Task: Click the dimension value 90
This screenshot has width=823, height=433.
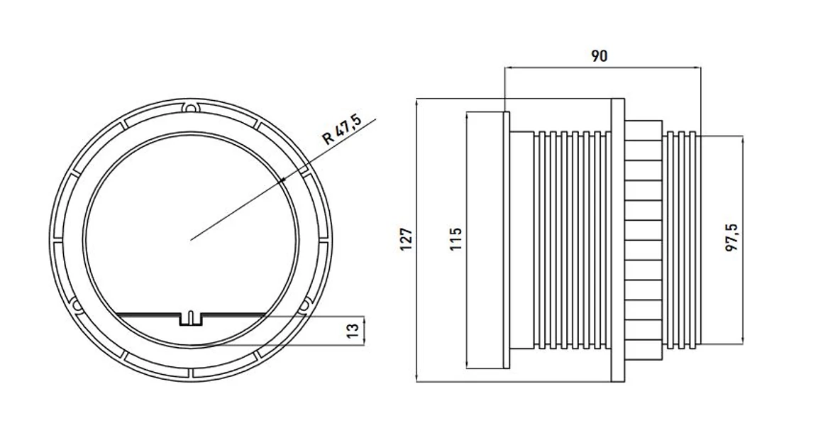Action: tap(600, 55)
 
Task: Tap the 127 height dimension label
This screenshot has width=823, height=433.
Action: tap(407, 239)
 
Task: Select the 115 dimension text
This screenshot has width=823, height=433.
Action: tap(455, 239)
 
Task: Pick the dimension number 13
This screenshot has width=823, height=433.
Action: tap(353, 331)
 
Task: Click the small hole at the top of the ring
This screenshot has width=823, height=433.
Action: tap(191, 108)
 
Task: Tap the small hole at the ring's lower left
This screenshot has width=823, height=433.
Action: tap(76, 305)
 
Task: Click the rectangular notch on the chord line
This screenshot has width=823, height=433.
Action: tap(192, 319)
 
